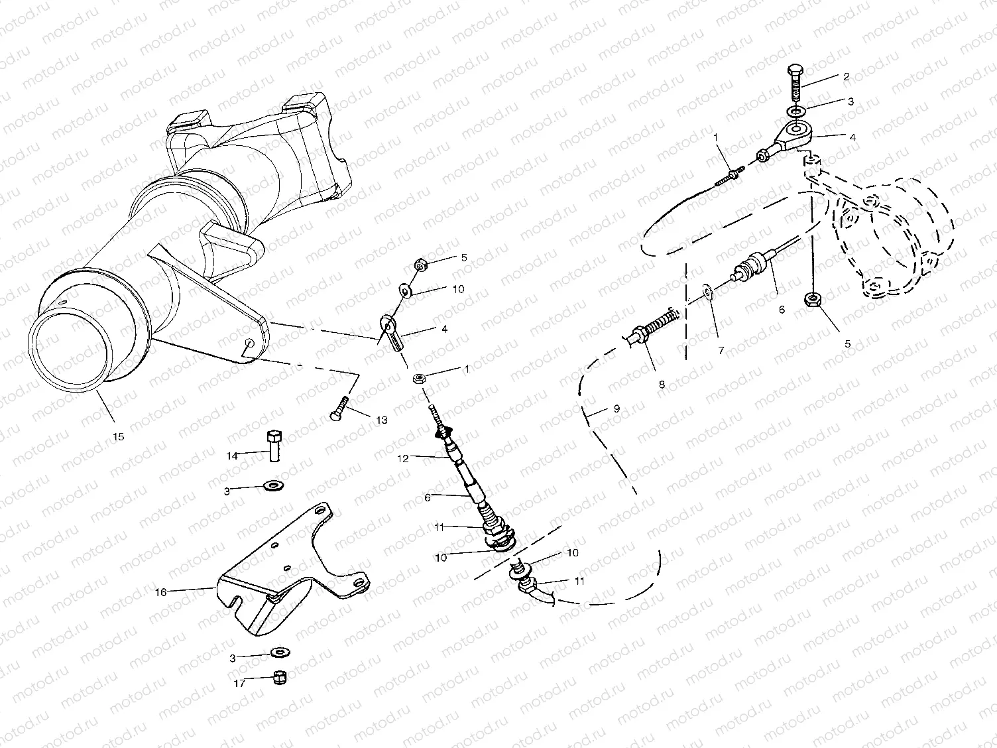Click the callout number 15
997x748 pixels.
point(119,437)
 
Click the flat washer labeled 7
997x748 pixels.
point(709,291)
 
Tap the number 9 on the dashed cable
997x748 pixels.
point(616,409)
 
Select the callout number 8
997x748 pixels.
point(662,383)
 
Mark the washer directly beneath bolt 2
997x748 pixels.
point(796,110)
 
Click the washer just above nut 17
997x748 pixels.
point(280,653)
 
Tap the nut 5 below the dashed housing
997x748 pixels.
point(813,300)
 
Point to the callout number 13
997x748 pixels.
point(382,420)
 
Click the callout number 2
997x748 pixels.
point(846,76)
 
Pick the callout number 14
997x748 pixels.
point(232,456)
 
